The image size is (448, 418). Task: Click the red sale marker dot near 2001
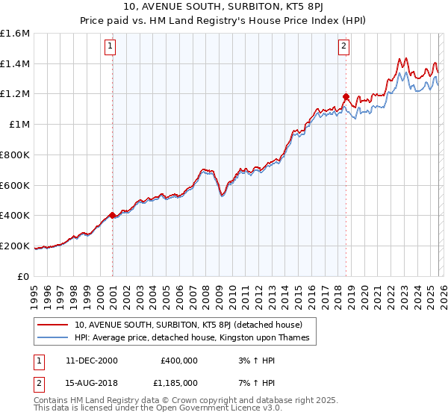pyautogui.click(x=113, y=215)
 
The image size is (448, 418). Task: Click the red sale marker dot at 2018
pyautogui.click(x=346, y=96)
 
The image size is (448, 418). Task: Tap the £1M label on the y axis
pyautogui.click(x=20, y=125)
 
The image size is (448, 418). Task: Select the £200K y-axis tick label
pyautogui.click(x=16, y=246)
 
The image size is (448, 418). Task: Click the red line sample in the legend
pyautogui.click(x=53, y=325)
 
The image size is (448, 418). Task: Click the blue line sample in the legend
pyautogui.click(x=53, y=338)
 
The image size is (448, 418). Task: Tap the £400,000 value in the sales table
pyautogui.click(x=179, y=361)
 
